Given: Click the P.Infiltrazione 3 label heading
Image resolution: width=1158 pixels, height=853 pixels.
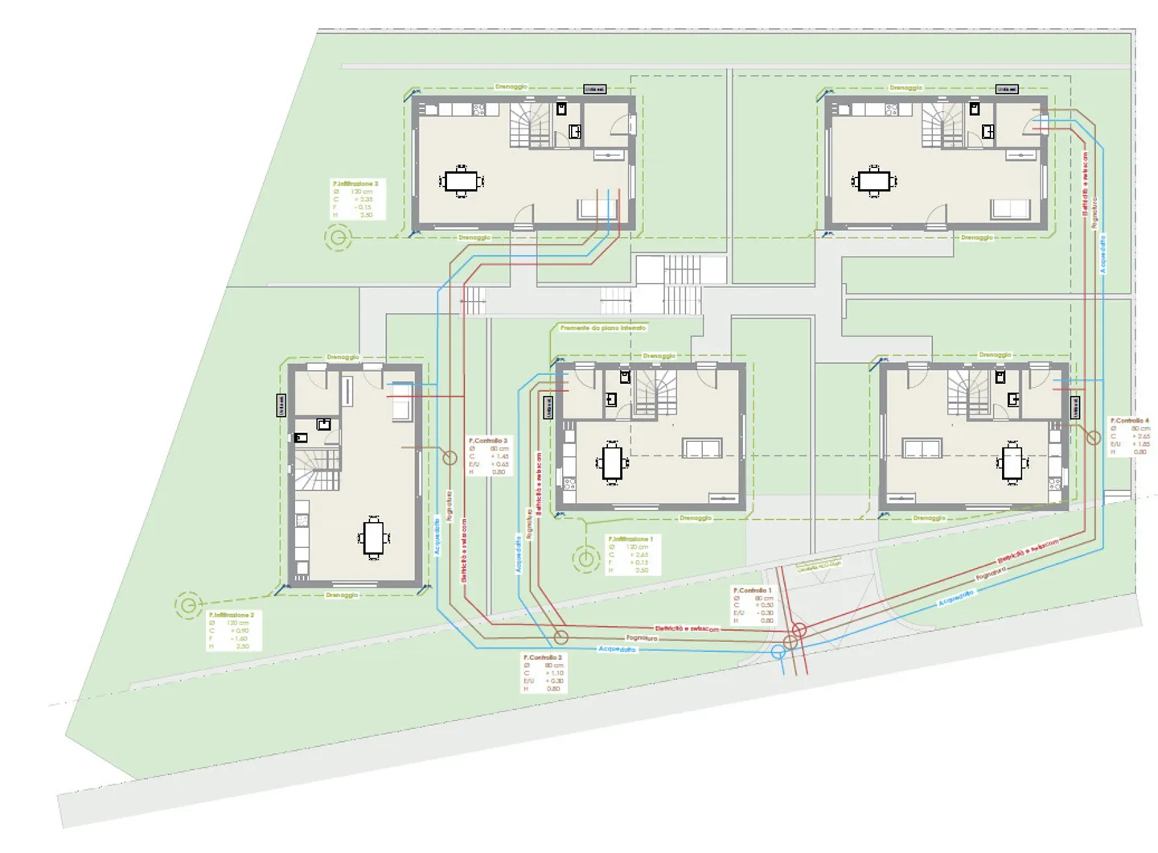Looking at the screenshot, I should click(x=355, y=184).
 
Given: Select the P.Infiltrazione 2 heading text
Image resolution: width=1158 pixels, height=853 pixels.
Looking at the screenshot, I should click(x=232, y=615).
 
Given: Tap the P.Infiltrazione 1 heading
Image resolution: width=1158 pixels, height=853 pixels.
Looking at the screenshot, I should click(x=630, y=539).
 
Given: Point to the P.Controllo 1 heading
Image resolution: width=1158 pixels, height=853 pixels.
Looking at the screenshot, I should click(x=752, y=591).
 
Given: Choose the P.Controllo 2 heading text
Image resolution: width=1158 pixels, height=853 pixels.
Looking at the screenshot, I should click(x=543, y=657).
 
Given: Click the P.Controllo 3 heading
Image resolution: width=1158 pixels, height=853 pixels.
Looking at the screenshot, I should click(x=488, y=441).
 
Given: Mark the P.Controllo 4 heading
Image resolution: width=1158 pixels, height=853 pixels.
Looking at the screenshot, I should click(x=1130, y=421).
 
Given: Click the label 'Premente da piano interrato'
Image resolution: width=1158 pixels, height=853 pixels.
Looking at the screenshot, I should click(x=603, y=328).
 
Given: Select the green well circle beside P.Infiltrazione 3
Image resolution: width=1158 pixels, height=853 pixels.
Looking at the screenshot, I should click(x=339, y=237).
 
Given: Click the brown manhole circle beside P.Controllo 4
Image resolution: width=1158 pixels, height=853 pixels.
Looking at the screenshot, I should click(x=1094, y=438).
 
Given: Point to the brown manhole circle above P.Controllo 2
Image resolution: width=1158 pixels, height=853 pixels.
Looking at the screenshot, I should click(x=561, y=637).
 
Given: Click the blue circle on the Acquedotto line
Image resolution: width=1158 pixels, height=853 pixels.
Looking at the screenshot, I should click(x=778, y=652).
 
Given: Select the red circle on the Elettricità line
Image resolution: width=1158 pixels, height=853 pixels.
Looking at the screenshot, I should click(x=799, y=630).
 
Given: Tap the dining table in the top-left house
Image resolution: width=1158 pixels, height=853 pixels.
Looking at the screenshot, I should click(x=461, y=180).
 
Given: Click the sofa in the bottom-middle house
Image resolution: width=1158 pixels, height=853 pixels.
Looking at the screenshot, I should click(x=702, y=448).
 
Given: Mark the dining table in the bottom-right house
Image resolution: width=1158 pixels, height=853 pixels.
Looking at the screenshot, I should click(x=1012, y=464).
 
